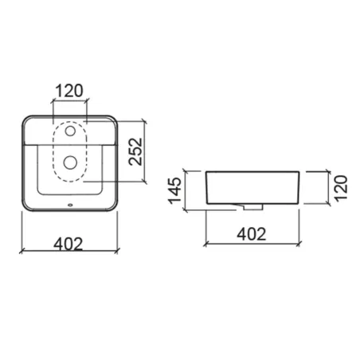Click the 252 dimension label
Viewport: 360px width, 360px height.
(135, 151)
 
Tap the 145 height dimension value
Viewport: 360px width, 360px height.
(175, 190)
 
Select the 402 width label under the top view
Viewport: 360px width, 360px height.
(68, 244)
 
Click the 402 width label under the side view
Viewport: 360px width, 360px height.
(252, 234)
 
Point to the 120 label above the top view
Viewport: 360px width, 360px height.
(69, 91)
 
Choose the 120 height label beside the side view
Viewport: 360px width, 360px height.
(341, 188)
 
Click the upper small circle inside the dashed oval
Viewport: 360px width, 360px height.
(70, 131)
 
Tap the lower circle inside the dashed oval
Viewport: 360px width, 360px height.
(70, 162)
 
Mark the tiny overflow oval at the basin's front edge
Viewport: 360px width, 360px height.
(70, 205)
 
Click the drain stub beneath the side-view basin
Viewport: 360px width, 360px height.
(253, 207)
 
